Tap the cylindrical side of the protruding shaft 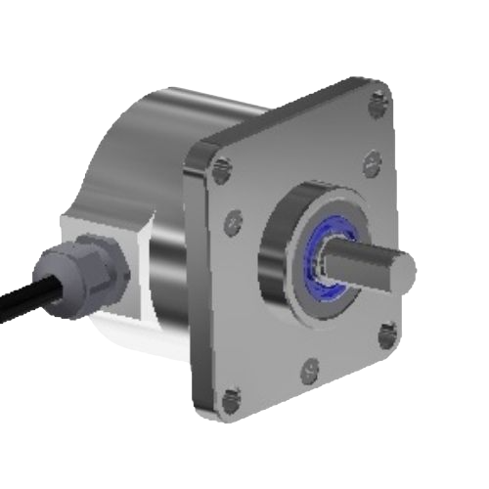click(362, 266)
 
